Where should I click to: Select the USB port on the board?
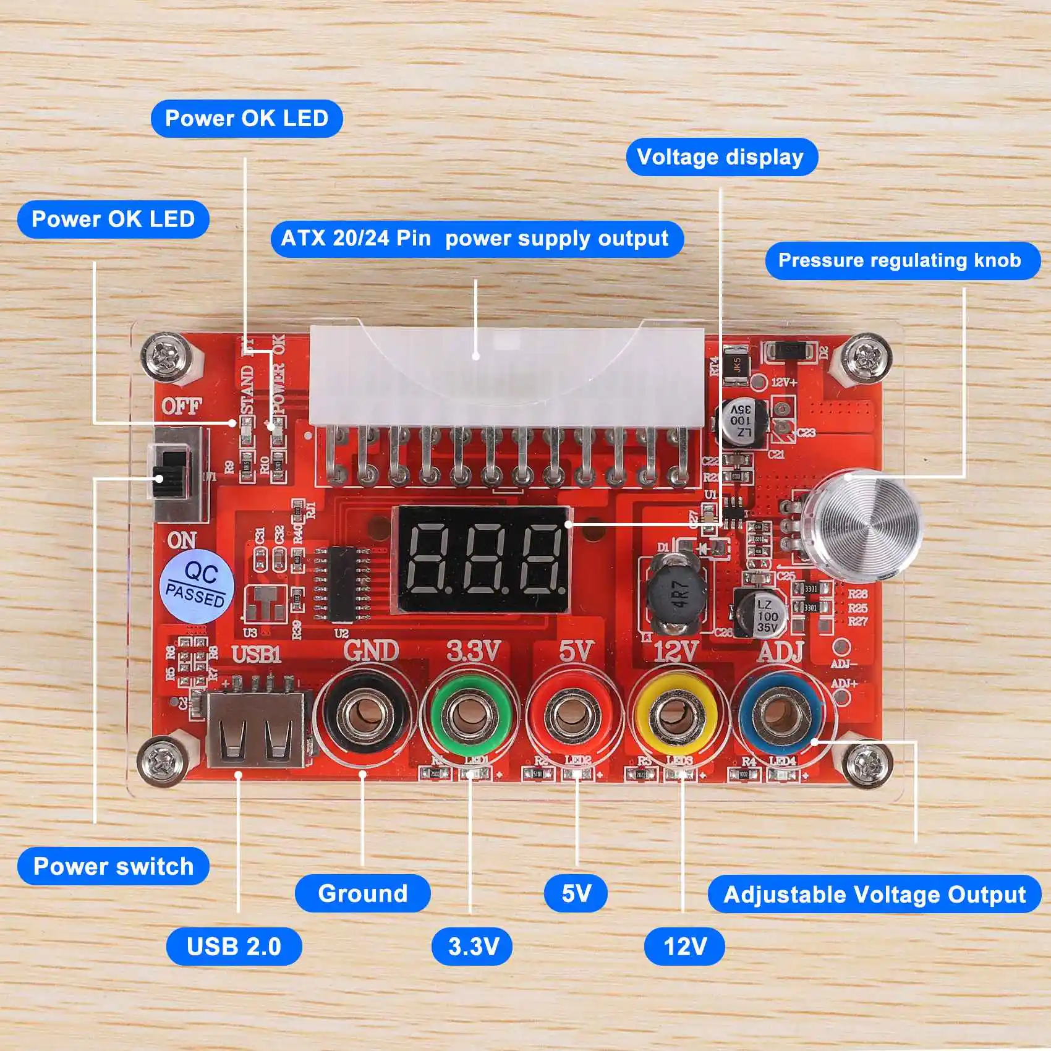pyautogui.click(x=255, y=730)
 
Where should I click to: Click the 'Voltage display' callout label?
pyautogui.click(x=721, y=157)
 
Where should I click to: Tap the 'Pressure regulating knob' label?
pyautogui.click(x=900, y=260)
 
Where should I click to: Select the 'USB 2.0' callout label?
pyautogui.click(x=234, y=947)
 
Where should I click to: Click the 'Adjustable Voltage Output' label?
pyautogui.click(x=874, y=895)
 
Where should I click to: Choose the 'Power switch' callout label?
pyautogui.click(x=113, y=866)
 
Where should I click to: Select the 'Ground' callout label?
pyautogui.click(x=362, y=893)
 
